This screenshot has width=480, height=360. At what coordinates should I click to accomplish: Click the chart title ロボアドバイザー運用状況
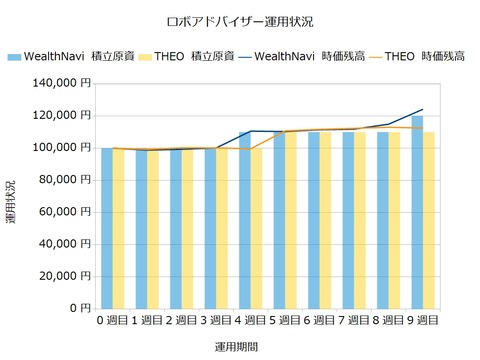(240, 21)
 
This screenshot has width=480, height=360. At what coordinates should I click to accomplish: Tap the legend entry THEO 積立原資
(186, 57)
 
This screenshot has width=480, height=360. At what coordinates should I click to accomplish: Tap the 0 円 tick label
(79, 307)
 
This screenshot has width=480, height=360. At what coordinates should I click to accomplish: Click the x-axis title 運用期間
(240, 345)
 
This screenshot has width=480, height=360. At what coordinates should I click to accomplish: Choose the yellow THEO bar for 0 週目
(118, 228)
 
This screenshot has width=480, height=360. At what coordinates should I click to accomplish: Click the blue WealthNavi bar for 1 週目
(140, 228)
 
